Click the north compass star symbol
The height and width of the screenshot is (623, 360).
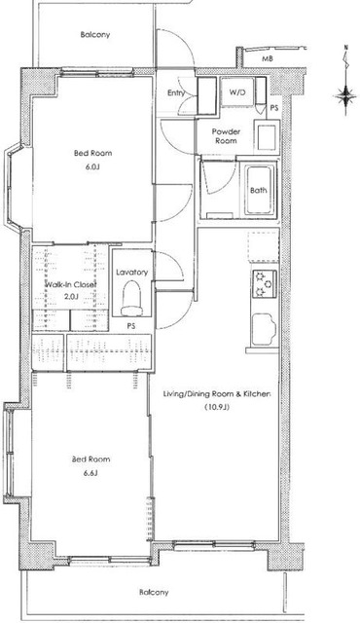coord(346,95)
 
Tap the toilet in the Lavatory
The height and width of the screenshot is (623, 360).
coord(132,298)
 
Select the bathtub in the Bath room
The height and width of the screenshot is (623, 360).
coord(260,191)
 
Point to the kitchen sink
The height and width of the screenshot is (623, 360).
coord(264,329)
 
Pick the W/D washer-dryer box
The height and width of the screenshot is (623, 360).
coord(237,92)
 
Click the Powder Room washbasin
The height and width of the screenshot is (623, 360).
coord(267,136)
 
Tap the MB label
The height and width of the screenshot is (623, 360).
coord(267,59)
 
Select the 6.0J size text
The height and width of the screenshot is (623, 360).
coord(92,166)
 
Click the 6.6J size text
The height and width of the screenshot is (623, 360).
coord(90,473)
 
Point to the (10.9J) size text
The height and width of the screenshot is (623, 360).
coord(218,407)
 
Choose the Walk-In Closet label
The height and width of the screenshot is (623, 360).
coord(71,284)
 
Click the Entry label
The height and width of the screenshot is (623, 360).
coord(176,93)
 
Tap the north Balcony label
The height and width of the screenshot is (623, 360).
coord(95,35)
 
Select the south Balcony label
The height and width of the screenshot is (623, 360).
coord(154,593)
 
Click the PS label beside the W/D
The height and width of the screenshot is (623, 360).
coord(273,108)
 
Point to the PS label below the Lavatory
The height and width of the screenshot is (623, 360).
coord(131,326)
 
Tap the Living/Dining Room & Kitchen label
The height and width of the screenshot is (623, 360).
coord(218,394)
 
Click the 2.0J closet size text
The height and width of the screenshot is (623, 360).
coord(71,296)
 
